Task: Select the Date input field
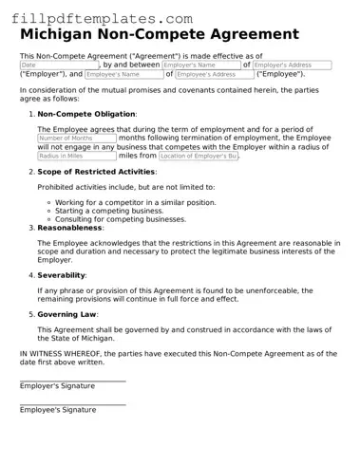(x=58, y=65)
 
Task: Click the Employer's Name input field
(x=200, y=65)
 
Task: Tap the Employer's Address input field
(x=293, y=65)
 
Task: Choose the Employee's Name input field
(x=123, y=74)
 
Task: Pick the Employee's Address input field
(x=214, y=74)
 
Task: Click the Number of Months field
(x=76, y=138)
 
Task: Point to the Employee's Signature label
(x=57, y=410)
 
